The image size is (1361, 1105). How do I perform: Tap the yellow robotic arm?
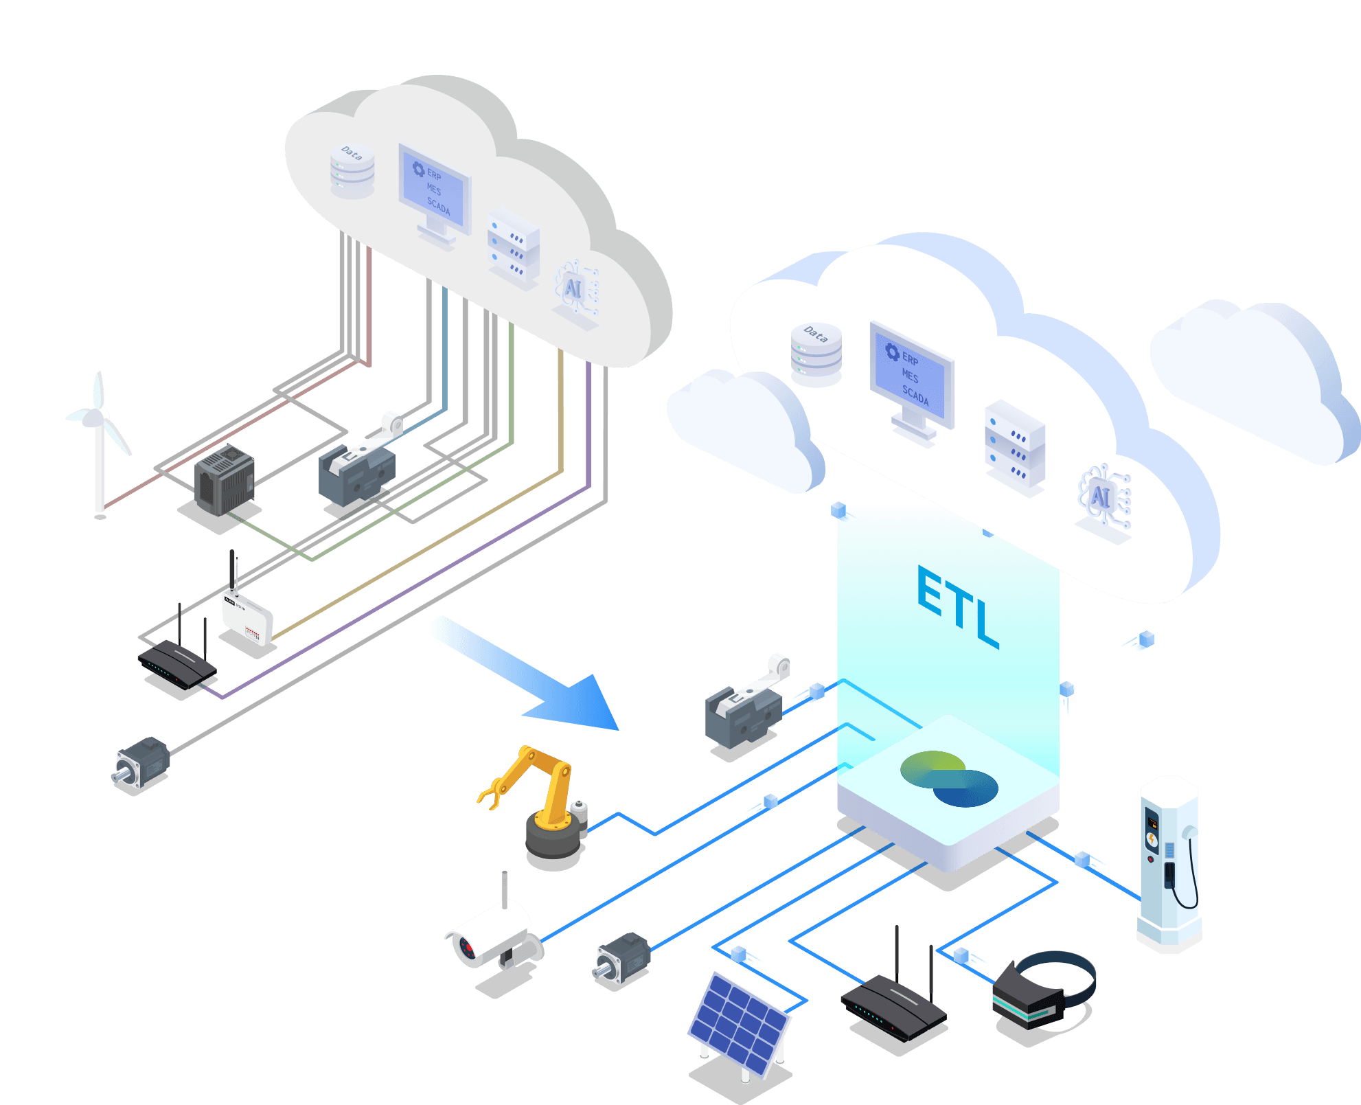pos(542,804)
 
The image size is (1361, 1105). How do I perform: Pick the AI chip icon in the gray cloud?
pos(573,289)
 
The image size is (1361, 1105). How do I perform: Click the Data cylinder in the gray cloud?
pos(352,171)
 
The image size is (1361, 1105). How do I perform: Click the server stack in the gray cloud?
pos(513,248)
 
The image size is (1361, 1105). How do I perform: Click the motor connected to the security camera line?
pos(622,958)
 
